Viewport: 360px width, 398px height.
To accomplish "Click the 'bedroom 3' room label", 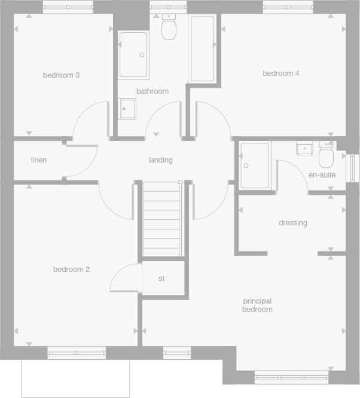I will tap(61, 75).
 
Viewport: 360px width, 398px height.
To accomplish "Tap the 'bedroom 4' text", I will tap(280, 74).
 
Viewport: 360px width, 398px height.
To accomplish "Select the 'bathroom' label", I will tap(152, 91).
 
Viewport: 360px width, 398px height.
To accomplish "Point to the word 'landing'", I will tap(160, 160).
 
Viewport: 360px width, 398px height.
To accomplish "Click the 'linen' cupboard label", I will tap(39, 160).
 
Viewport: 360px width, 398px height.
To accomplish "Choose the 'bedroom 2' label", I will tap(71, 270).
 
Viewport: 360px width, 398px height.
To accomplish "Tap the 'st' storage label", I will tap(161, 278).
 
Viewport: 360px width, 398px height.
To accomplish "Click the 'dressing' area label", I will tap(292, 223).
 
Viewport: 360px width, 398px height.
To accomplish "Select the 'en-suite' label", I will tap(322, 175).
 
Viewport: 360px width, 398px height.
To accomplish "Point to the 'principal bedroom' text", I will tap(257, 305).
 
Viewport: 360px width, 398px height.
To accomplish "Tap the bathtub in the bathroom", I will tap(202, 49).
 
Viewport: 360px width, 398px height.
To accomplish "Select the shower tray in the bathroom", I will tap(133, 55).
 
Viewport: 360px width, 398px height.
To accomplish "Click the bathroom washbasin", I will tap(127, 108).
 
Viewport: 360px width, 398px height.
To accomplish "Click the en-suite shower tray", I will tap(255, 166).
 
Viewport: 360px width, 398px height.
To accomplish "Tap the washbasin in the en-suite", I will tap(305, 148).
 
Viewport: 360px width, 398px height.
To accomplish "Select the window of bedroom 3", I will tap(68, 7).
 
